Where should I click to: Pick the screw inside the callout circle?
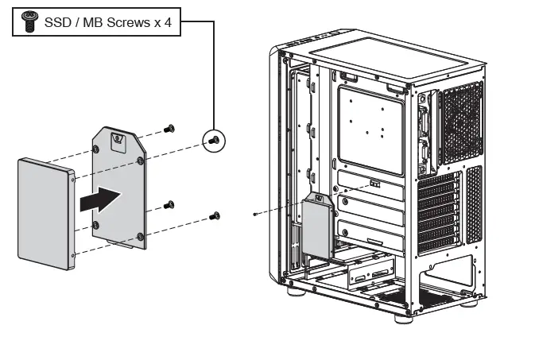214,141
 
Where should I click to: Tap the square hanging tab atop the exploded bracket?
118,141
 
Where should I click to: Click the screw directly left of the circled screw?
169,128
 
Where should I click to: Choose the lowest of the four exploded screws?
215,215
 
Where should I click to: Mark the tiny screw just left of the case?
254,214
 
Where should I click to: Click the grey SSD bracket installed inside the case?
316,228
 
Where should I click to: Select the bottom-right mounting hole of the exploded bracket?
141,235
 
